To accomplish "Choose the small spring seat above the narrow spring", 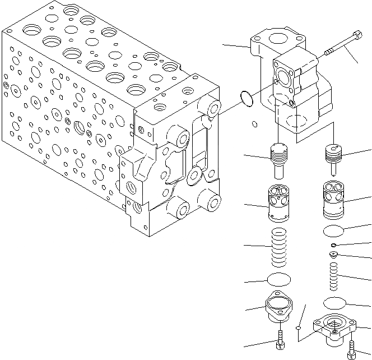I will click(x=333, y=256).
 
